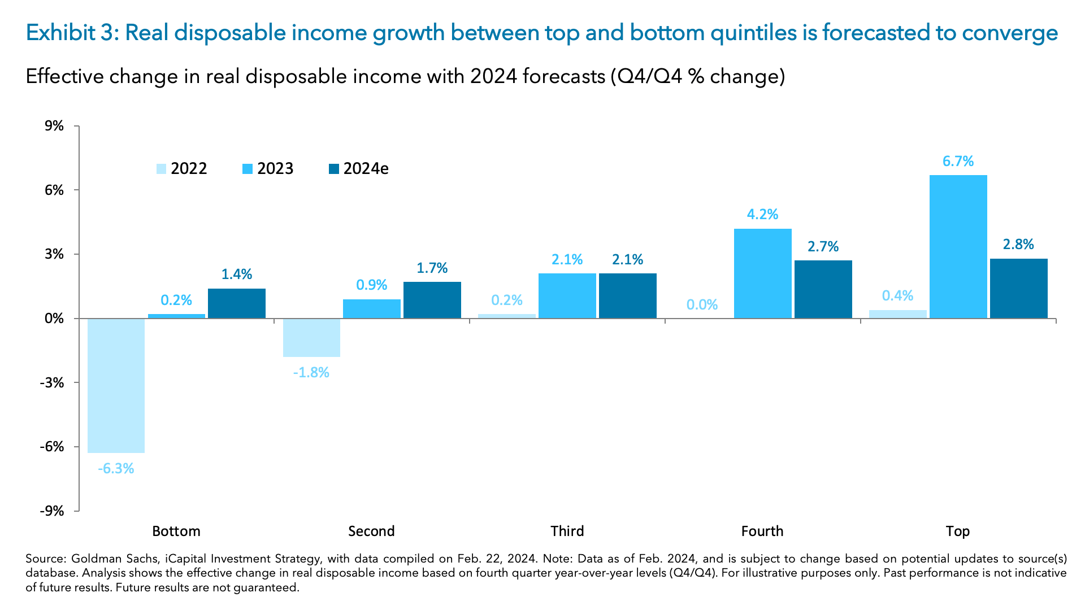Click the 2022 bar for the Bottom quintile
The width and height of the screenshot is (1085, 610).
point(116,385)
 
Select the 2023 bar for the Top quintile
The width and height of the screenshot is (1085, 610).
point(958,247)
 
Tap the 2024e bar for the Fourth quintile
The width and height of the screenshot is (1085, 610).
point(823,289)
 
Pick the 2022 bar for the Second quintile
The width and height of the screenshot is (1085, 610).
point(311,338)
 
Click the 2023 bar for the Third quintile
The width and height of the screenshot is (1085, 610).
point(567,296)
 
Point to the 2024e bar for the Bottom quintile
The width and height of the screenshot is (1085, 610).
point(236,304)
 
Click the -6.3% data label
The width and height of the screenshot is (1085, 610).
point(116,469)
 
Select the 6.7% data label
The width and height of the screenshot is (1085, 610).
point(958,162)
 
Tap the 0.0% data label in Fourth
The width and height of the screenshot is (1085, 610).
point(702,305)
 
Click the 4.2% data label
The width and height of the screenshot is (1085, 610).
point(762,215)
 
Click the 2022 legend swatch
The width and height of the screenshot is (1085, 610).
point(161,169)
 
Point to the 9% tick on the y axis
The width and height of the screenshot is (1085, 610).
point(54,126)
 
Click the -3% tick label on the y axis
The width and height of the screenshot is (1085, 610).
point(52,383)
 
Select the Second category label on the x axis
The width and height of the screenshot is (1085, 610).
point(371,531)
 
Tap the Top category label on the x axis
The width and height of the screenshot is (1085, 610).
point(957,531)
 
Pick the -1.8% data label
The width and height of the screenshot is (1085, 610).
point(311,373)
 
